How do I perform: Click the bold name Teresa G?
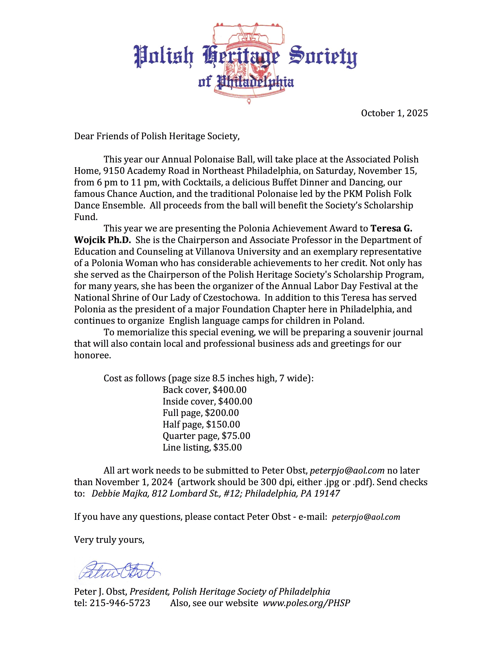391,228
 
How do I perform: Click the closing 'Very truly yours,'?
109,540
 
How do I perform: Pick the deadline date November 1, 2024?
134,482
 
